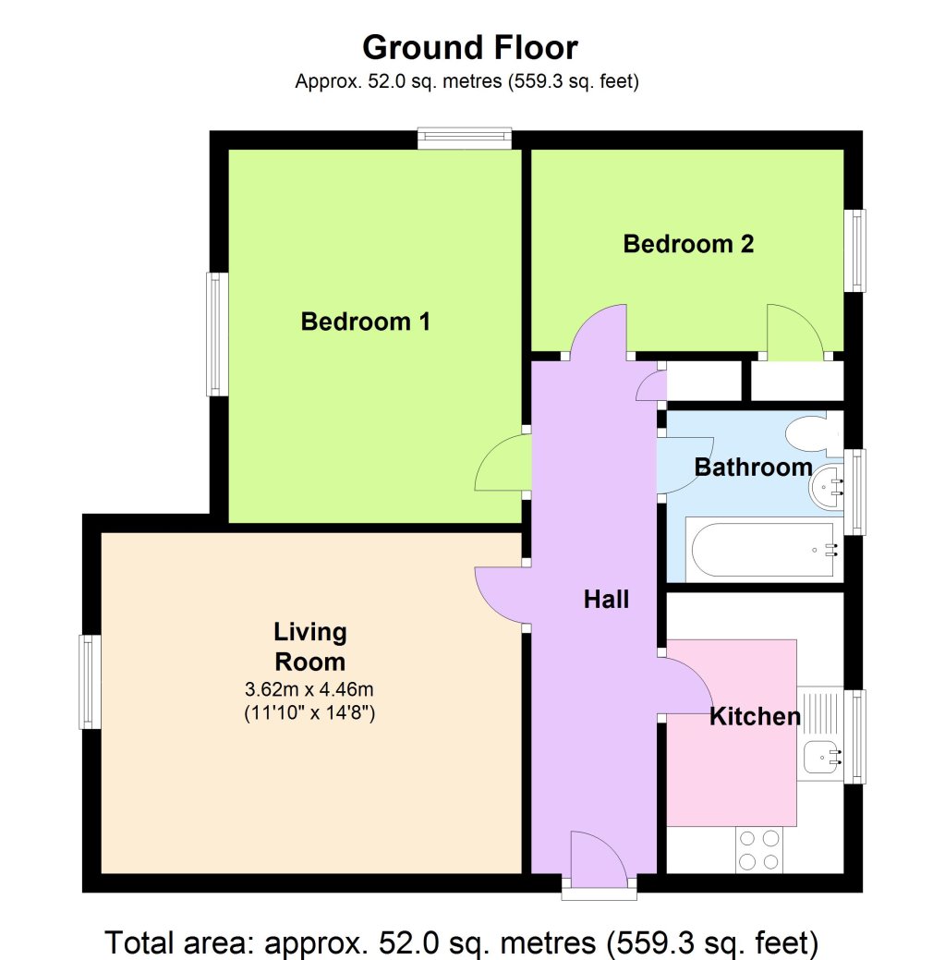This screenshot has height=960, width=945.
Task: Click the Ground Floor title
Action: click(469, 46)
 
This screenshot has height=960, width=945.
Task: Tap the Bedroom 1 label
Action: click(366, 322)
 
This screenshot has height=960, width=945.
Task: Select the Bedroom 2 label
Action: click(688, 244)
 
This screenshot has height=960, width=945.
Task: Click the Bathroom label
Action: click(753, 468)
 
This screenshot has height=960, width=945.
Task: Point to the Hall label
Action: click(606, 600)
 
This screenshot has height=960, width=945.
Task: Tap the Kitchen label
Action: click(755, 716)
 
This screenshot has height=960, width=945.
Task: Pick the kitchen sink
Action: click(820, 758)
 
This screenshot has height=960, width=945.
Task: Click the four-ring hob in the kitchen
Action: click(758, 850)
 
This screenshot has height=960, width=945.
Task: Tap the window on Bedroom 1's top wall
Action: click(464, 139)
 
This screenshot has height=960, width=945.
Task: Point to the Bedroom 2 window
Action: click(858, 250)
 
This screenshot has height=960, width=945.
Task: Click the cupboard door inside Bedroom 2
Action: click(794, 333)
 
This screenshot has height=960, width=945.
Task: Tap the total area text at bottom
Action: click(462, 942)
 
